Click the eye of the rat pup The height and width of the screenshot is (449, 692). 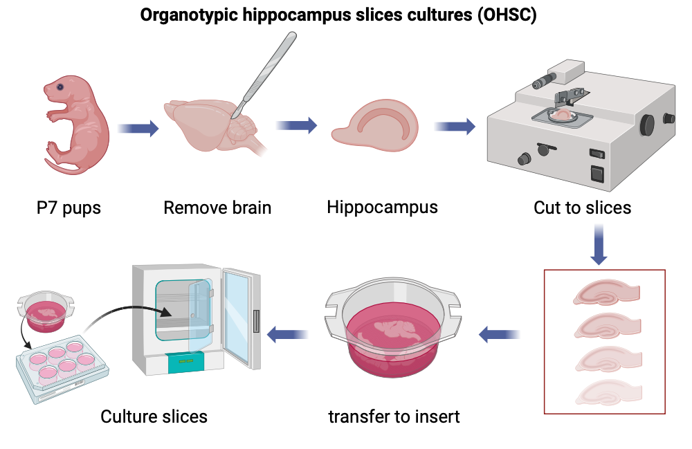pos(61,87)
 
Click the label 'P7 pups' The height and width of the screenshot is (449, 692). pos(69,208)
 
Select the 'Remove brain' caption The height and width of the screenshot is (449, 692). pos(217,208)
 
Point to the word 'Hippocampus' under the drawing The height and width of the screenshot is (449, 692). pos(382,207)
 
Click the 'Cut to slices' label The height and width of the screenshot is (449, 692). pos(582,208)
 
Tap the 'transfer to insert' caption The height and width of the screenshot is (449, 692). pos(394,417)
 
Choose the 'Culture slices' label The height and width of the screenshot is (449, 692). pos(154,416)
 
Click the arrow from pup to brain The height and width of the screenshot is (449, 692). pos(138,129)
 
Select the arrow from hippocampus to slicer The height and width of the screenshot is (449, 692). pos(455,127)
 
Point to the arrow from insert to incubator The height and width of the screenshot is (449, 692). pos(288,335)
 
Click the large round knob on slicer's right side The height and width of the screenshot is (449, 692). pos(648,125)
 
